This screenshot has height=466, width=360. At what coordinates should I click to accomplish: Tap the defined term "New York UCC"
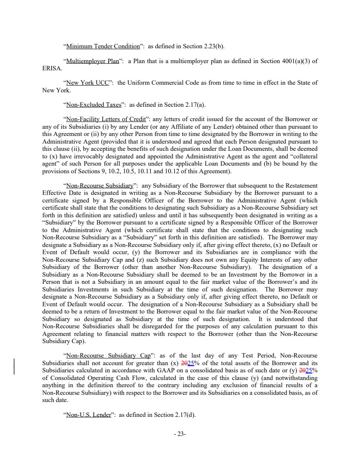tap(87, 83)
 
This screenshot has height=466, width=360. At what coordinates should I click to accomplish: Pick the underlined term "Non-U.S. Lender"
tap(88, 415)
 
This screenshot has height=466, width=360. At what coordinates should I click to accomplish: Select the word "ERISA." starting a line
tap(53, 68)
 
